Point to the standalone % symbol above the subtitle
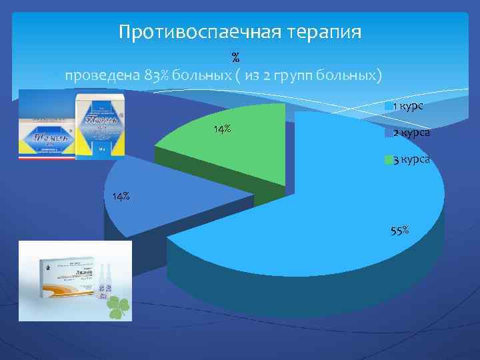click(x=235, y=58)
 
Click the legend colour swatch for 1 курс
click(x=387, y=107)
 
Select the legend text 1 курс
click(x=407, y=107)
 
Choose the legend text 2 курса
click(x=411, y=133)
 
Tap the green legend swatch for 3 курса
click(x=387, y=160)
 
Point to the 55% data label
click(x=400, y=231)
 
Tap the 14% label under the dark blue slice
click(x=121, y=197)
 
